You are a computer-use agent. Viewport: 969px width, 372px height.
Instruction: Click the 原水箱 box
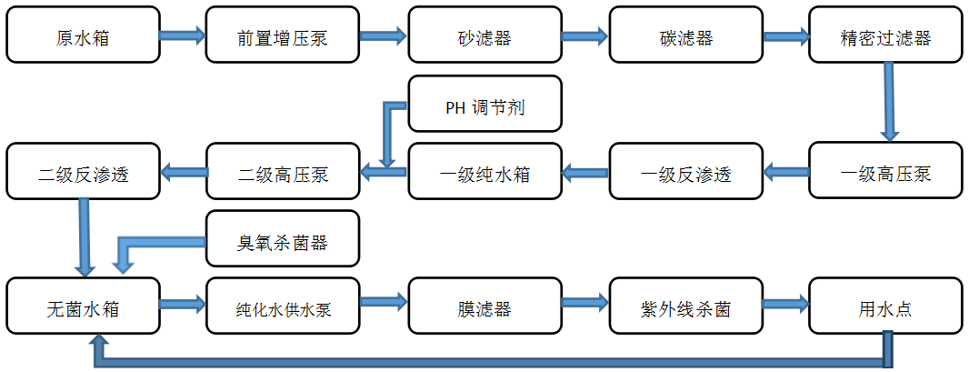point(83,35)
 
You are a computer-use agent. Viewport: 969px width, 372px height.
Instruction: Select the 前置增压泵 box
point(283,35)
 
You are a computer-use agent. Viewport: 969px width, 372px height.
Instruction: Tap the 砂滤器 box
point(484,35)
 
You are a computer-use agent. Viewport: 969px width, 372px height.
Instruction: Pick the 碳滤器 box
point(685,35)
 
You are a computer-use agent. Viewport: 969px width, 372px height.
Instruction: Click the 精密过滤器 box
point(885,35)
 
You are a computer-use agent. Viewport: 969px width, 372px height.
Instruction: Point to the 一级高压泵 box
point(885,171)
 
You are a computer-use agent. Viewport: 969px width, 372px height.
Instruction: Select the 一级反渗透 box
point(685,171)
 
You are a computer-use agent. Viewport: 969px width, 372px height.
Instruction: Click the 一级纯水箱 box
point(484,171)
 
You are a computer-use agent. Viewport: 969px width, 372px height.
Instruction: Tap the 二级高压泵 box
point(283,171)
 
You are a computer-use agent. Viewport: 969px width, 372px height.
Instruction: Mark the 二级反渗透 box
point(83,171)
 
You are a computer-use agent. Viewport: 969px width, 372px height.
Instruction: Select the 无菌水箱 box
point(83,307)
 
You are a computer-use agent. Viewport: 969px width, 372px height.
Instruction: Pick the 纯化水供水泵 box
point(283,307)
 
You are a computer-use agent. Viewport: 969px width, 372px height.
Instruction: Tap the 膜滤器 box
point(484,307)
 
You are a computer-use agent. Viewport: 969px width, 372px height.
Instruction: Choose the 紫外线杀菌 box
point(685,307)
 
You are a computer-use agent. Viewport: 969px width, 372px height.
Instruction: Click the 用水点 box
point(885,307)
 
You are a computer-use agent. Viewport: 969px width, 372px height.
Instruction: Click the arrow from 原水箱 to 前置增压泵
point(183,35)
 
